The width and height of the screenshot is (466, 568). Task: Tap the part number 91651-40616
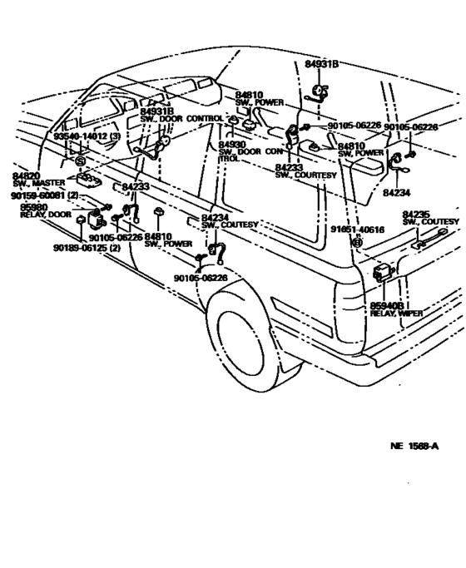pyautogui.click(x=357, y=229)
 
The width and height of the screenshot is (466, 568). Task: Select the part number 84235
pyautogui.click(x=416, y=214)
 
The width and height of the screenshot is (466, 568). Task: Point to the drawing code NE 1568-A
pyautogui.click(x=414, y=446)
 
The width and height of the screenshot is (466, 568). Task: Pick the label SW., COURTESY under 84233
pyautogui.click(x=305, y=175)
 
